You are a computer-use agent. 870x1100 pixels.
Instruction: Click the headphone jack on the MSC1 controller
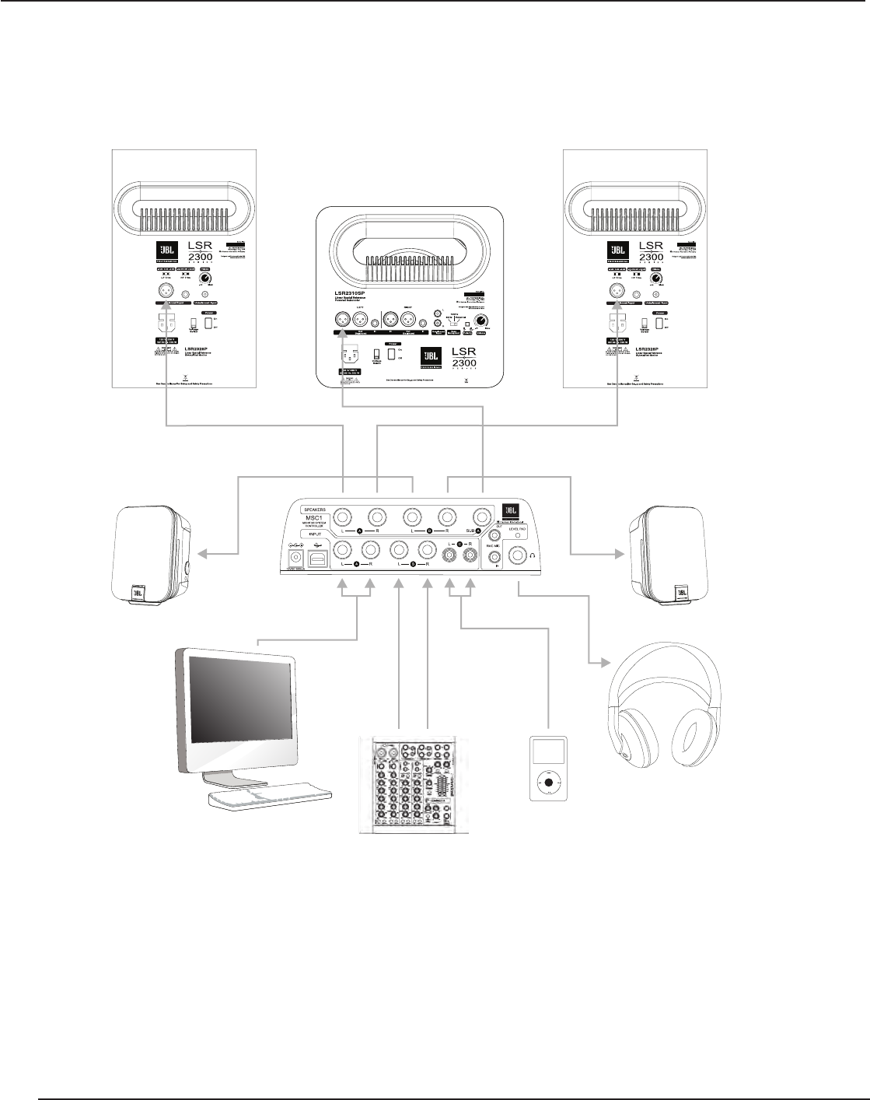[516, 555]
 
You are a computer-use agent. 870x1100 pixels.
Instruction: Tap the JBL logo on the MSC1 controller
[511, 508]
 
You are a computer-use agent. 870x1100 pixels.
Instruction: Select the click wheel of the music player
[548, 782]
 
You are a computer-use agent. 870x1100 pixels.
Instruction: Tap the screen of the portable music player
[548, 752]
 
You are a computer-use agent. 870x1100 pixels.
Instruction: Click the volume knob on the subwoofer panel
[483, 322]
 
